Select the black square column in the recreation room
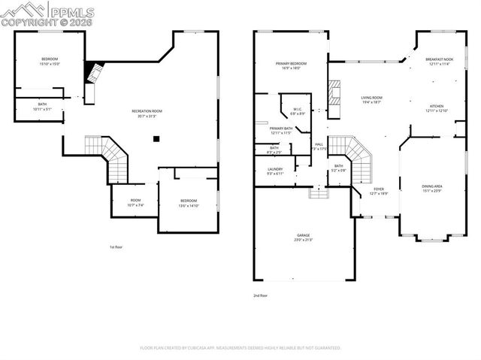tap(156, 138)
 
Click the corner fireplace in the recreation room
tap(93, 74)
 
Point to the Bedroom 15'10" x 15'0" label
tap(50, 62)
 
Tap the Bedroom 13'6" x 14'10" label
tap(188, 203)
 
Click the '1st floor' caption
tap(116, 247)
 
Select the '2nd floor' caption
tap(260, 296)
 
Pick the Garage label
tap(302, 237)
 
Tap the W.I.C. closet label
tap(298, 111)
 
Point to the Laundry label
tap(275, 171)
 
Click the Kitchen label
tap(437, 108)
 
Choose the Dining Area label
tap(431, 188)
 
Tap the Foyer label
tap(379, 191)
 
